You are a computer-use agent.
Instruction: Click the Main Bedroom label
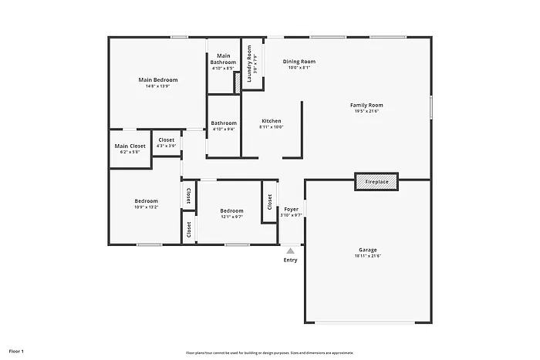[158, 80]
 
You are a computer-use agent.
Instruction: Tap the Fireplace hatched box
[376, 182]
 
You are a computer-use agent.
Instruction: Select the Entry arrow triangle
[290, 251]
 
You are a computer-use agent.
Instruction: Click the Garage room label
[367, 250]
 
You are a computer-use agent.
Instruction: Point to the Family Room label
[366, 105]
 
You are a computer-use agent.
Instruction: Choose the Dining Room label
[299, 62]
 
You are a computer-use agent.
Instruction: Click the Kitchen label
[272, 121]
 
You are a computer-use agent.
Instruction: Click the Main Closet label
[130, 146]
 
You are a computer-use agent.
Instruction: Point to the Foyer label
[291, 210]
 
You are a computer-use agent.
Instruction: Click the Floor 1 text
[16, 352]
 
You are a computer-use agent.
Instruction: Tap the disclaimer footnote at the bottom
[269, 352]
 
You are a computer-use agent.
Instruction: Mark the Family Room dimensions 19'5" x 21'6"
[366, 111]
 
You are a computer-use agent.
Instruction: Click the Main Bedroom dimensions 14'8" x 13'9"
[157, 86]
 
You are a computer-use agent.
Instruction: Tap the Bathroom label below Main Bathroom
[224, 123]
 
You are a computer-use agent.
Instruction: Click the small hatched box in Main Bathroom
[238, 82]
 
